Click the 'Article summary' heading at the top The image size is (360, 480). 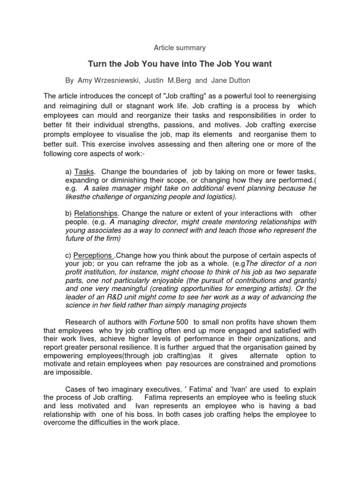(180, 48)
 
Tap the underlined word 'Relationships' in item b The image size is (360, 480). (96, 214)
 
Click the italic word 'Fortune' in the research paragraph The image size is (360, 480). (161, 322)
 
